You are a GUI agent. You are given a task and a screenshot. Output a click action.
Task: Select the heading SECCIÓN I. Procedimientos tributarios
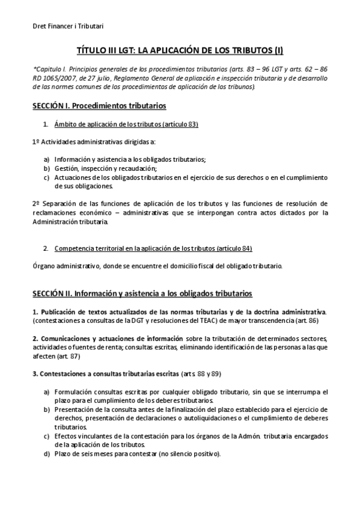[x=99, y=106]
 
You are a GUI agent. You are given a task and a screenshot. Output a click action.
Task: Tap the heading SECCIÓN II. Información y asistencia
[x=142, y=293]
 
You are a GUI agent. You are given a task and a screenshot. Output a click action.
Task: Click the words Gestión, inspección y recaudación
[x=93, y=168]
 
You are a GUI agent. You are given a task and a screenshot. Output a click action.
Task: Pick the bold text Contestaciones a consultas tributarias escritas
[x=109, y=373]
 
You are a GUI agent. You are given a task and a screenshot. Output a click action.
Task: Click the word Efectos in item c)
[x=67, y=435]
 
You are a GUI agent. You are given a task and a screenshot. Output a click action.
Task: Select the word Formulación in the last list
[x=75, y=392]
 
